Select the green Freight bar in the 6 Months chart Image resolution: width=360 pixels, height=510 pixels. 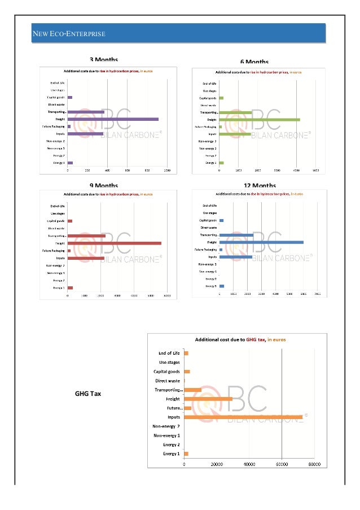click(x=259, y=120)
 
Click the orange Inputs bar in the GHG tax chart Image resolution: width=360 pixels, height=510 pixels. click(x=243, y=417)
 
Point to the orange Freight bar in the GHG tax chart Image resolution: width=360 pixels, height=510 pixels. click(x=208, y=399)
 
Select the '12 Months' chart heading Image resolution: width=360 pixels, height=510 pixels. click(x=260, y=186)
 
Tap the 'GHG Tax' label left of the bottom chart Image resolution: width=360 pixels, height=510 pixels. click(x=88, y=394)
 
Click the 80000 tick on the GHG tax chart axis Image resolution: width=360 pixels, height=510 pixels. click(x=314, y=465)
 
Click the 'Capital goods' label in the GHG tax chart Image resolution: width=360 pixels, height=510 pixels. click(x=167, y=372)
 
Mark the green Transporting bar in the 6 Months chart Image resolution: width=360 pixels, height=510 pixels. click(x=235, y=112)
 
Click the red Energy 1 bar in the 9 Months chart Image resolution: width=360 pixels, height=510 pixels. click(x=70, y=287)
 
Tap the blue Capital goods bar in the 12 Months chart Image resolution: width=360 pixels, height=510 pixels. click(x=222, y=220)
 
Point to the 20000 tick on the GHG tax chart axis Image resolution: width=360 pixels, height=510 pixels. click(x=217, y=465)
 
